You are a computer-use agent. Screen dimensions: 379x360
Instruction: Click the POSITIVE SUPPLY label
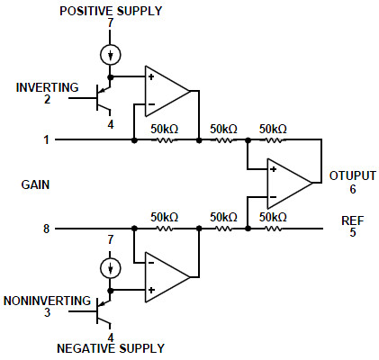click(111, 11)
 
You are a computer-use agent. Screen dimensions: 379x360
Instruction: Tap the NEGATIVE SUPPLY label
click(111, 348)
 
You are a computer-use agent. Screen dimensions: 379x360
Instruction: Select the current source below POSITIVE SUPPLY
click(111, 55)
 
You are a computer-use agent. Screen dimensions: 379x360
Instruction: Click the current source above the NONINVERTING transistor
click(111, 268)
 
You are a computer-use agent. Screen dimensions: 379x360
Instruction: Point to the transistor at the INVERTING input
click(101, 98)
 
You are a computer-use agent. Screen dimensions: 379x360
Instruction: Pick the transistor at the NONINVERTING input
click(101, 311)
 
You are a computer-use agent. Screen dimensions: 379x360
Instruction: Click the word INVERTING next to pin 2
click(47, 87)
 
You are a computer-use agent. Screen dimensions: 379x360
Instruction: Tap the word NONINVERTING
click(47, 301)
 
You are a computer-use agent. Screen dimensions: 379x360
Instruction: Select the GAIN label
click(35, 184)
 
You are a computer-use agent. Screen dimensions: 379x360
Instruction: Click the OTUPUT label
click(353, 175)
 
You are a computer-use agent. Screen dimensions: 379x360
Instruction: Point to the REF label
click(353, 220)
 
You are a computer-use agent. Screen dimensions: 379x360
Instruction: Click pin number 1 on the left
click(46, 139)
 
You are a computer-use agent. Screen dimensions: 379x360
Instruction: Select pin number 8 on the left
click(46, 229)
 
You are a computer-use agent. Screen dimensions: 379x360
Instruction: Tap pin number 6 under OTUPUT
click(353, 189)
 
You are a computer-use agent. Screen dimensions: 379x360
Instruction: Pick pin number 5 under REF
click(353, 232)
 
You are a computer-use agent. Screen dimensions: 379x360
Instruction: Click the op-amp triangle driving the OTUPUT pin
click(289, 184)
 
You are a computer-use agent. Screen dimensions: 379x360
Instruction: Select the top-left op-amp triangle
click(167, 91)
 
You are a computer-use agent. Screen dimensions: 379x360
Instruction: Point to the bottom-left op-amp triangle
click(167, 277)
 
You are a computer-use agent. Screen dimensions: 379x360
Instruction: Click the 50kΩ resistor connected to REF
click(273, 229)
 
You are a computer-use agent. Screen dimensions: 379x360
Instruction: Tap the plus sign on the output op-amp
click(273, 169)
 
